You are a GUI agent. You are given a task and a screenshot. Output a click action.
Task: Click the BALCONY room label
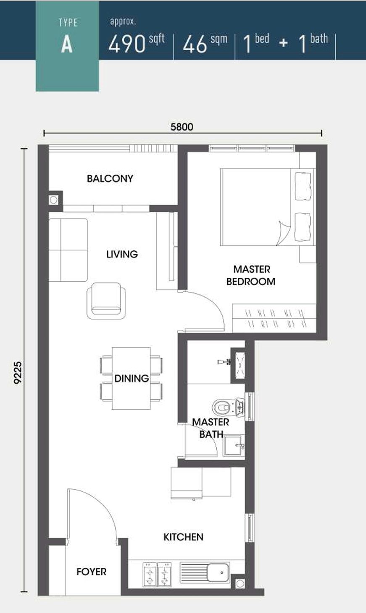[110, 179]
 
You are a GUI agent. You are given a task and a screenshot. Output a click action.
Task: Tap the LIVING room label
[122, 254]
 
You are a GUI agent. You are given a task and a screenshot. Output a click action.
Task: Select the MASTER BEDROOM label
[251, 275]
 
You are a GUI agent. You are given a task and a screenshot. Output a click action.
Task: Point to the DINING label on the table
[132, 378]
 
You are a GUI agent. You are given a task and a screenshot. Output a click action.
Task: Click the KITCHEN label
[183, 537]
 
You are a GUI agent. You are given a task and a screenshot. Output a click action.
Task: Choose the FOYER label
[92, 572]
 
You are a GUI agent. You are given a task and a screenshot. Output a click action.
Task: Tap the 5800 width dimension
[182, 127]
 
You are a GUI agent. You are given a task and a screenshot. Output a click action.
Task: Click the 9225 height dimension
[18, 373]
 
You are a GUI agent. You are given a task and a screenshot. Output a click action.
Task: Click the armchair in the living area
[106, 301]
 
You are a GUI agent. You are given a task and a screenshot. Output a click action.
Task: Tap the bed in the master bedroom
[268, 207]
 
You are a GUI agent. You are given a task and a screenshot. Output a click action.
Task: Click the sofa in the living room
[68, 250]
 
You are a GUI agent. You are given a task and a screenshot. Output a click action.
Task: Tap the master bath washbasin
[234, 446]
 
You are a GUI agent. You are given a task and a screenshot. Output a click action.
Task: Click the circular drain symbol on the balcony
[53, 200]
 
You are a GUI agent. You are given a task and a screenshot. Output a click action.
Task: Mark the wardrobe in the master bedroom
[274, 318]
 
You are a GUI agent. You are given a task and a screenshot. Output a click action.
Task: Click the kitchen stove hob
[157, 575]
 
